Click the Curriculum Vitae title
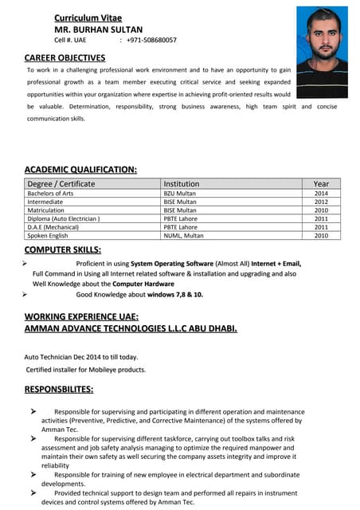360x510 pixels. [88, 18]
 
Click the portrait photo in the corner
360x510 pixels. [322, 52]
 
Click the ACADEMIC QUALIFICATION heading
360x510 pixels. [80, 170]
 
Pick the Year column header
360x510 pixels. [320, 183]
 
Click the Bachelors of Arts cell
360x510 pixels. [50, 194]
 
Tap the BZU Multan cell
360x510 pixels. [179, 194]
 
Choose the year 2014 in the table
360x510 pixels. [320, 194]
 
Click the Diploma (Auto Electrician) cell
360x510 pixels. [64, 218]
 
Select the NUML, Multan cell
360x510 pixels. [183, 236]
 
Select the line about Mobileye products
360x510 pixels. [86, 370]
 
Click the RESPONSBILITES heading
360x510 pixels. [59, 390]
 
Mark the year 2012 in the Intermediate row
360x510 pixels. [320, 202]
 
